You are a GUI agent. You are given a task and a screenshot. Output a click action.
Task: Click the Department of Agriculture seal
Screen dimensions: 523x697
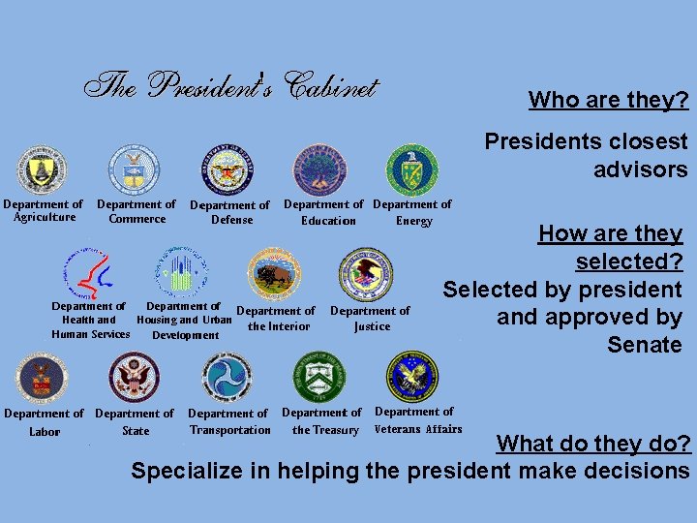click(x=41, y=170)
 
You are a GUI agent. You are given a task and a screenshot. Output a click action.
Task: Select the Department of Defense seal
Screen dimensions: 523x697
click(x=228, y=171)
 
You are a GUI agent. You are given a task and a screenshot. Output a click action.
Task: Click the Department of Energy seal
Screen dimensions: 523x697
click(x=412, y=170)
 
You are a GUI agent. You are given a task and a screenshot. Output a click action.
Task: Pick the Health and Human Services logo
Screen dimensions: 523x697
click(x=88, y=274)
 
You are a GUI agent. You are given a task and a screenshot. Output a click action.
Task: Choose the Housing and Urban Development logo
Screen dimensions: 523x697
click(x=181, y=272)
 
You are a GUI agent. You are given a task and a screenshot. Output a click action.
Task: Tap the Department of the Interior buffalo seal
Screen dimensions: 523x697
click(x=275, y=273)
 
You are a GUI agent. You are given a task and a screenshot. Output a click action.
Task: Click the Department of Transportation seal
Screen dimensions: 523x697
click(x=227, y=379)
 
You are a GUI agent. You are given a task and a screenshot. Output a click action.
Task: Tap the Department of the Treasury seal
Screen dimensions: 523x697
click(x=320, y=378)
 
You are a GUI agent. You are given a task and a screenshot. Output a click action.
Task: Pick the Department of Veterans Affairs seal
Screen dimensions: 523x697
click(x=412, y=378)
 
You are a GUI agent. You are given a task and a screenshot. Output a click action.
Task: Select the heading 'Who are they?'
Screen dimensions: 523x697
click(x=608, y=100)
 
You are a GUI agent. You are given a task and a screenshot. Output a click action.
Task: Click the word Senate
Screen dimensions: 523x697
click(x=645, y=345)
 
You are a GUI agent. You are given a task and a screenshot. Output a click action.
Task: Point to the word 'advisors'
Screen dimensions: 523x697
click(x=641, y=169)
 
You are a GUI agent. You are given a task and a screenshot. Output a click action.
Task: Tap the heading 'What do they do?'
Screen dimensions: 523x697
click(x=593, y=444)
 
